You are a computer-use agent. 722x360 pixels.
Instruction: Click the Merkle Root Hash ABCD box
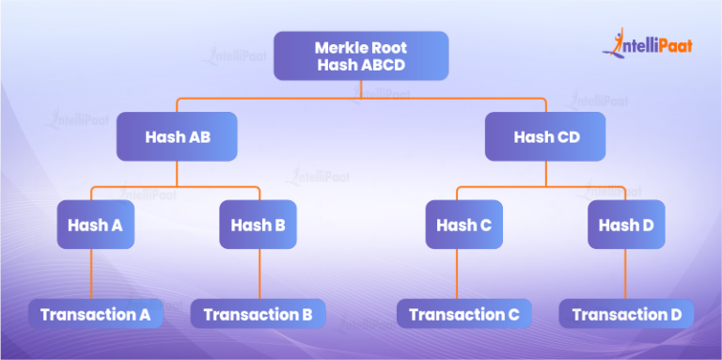coord(361,56)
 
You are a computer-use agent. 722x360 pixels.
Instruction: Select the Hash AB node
coord(177,137)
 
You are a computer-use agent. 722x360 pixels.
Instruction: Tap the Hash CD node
coord(546,137)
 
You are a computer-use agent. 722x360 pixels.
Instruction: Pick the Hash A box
coord(95,226)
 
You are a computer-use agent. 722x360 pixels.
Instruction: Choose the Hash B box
coord(258,226)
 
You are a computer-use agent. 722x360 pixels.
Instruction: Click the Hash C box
coord(463,226)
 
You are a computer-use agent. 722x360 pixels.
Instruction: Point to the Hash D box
coord(626,226)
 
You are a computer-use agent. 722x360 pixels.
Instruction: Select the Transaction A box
coord(95,314)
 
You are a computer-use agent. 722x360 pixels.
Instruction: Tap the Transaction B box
coord(258,314)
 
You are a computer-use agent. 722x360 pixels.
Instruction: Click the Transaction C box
coord(463,314)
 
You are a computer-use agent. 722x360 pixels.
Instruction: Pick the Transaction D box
coord(626,314)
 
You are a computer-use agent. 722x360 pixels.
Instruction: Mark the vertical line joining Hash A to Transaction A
coord(90,274)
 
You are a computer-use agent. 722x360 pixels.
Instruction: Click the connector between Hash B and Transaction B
coord(259,274)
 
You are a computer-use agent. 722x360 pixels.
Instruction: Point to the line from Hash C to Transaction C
coord(458,274)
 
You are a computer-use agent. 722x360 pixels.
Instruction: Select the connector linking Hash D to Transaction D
coord(626,274)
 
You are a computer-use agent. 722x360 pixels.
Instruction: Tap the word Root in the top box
coord(385,46)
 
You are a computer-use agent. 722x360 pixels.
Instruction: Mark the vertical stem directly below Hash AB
coord(177,173)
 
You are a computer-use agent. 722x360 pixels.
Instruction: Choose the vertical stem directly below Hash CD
coord(546,173)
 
